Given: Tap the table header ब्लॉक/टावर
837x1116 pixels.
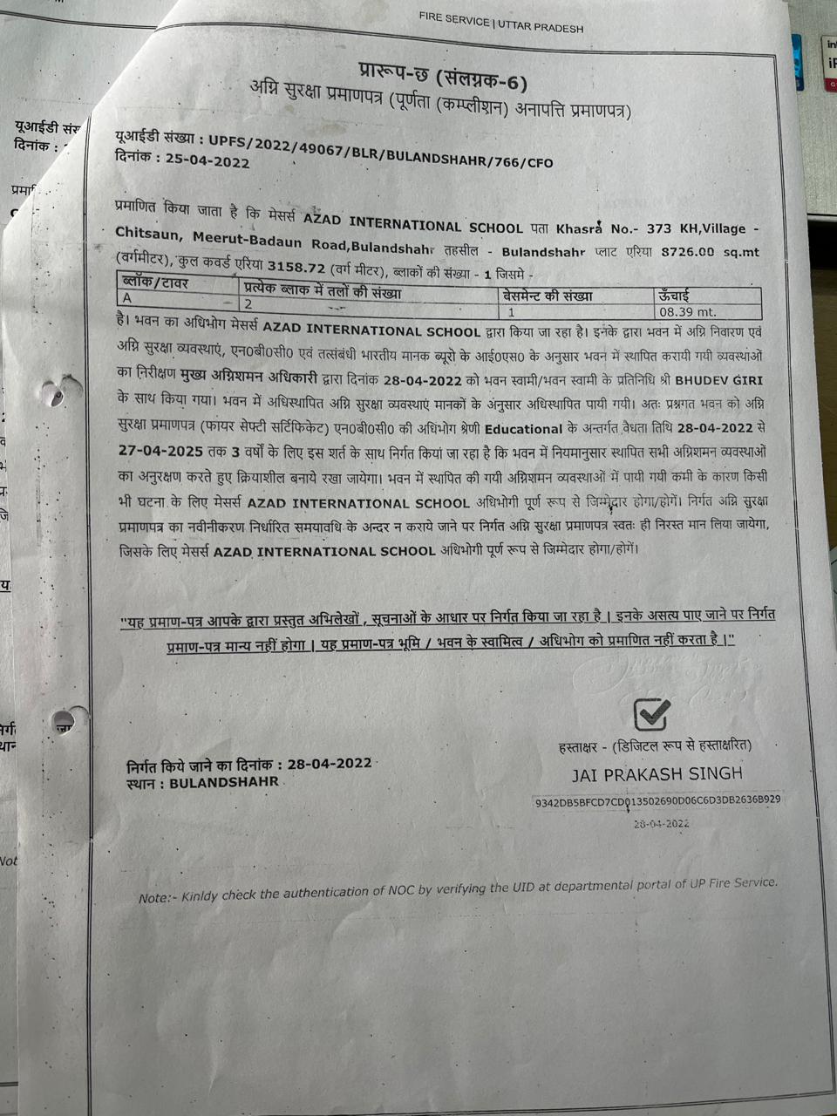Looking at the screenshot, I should coord(155,282).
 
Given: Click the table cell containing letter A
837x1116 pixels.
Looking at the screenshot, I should coord(127,298).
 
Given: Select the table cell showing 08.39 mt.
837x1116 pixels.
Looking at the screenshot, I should coord(687,311).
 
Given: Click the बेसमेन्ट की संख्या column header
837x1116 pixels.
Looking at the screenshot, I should coord(548,295).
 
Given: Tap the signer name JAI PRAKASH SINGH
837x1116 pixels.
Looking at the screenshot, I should coord(657,773).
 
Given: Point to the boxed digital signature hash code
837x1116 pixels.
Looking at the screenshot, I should coord(657,800).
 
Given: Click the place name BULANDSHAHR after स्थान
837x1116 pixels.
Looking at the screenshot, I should coord(224,783).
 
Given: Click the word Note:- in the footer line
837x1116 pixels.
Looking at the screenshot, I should coord(157,898).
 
